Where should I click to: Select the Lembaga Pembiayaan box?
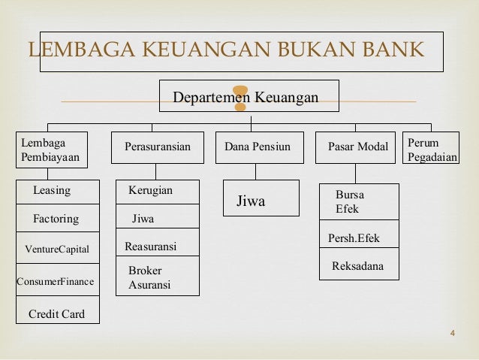click(50, 150)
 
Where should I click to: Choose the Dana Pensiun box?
click(258, 147)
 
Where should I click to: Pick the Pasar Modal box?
click(357, 147)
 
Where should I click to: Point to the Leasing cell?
click(58, 192)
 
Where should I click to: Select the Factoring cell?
click(58, 219)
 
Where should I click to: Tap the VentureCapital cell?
click(58, 249)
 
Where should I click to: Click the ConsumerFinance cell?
click(58, 282)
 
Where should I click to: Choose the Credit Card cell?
click(58, 313)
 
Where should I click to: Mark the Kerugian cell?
click(158, 192)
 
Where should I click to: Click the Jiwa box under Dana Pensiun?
click(261, 201)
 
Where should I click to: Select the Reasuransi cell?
click(158, 247)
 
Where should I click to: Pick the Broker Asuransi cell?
click(158, 277)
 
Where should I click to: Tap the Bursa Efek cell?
click(359, 201)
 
